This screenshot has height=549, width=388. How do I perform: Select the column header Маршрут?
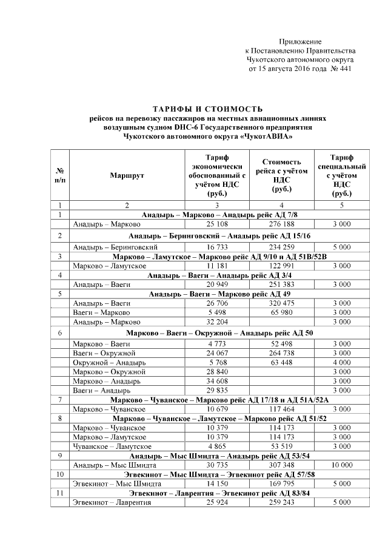(127, 175)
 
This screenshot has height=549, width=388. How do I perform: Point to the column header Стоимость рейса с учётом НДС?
(281, 175)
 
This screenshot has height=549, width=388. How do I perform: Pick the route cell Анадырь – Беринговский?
(107, 247)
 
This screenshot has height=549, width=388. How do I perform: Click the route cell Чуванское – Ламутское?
(109, 446)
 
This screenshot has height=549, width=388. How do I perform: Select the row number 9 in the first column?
(61, 456)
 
